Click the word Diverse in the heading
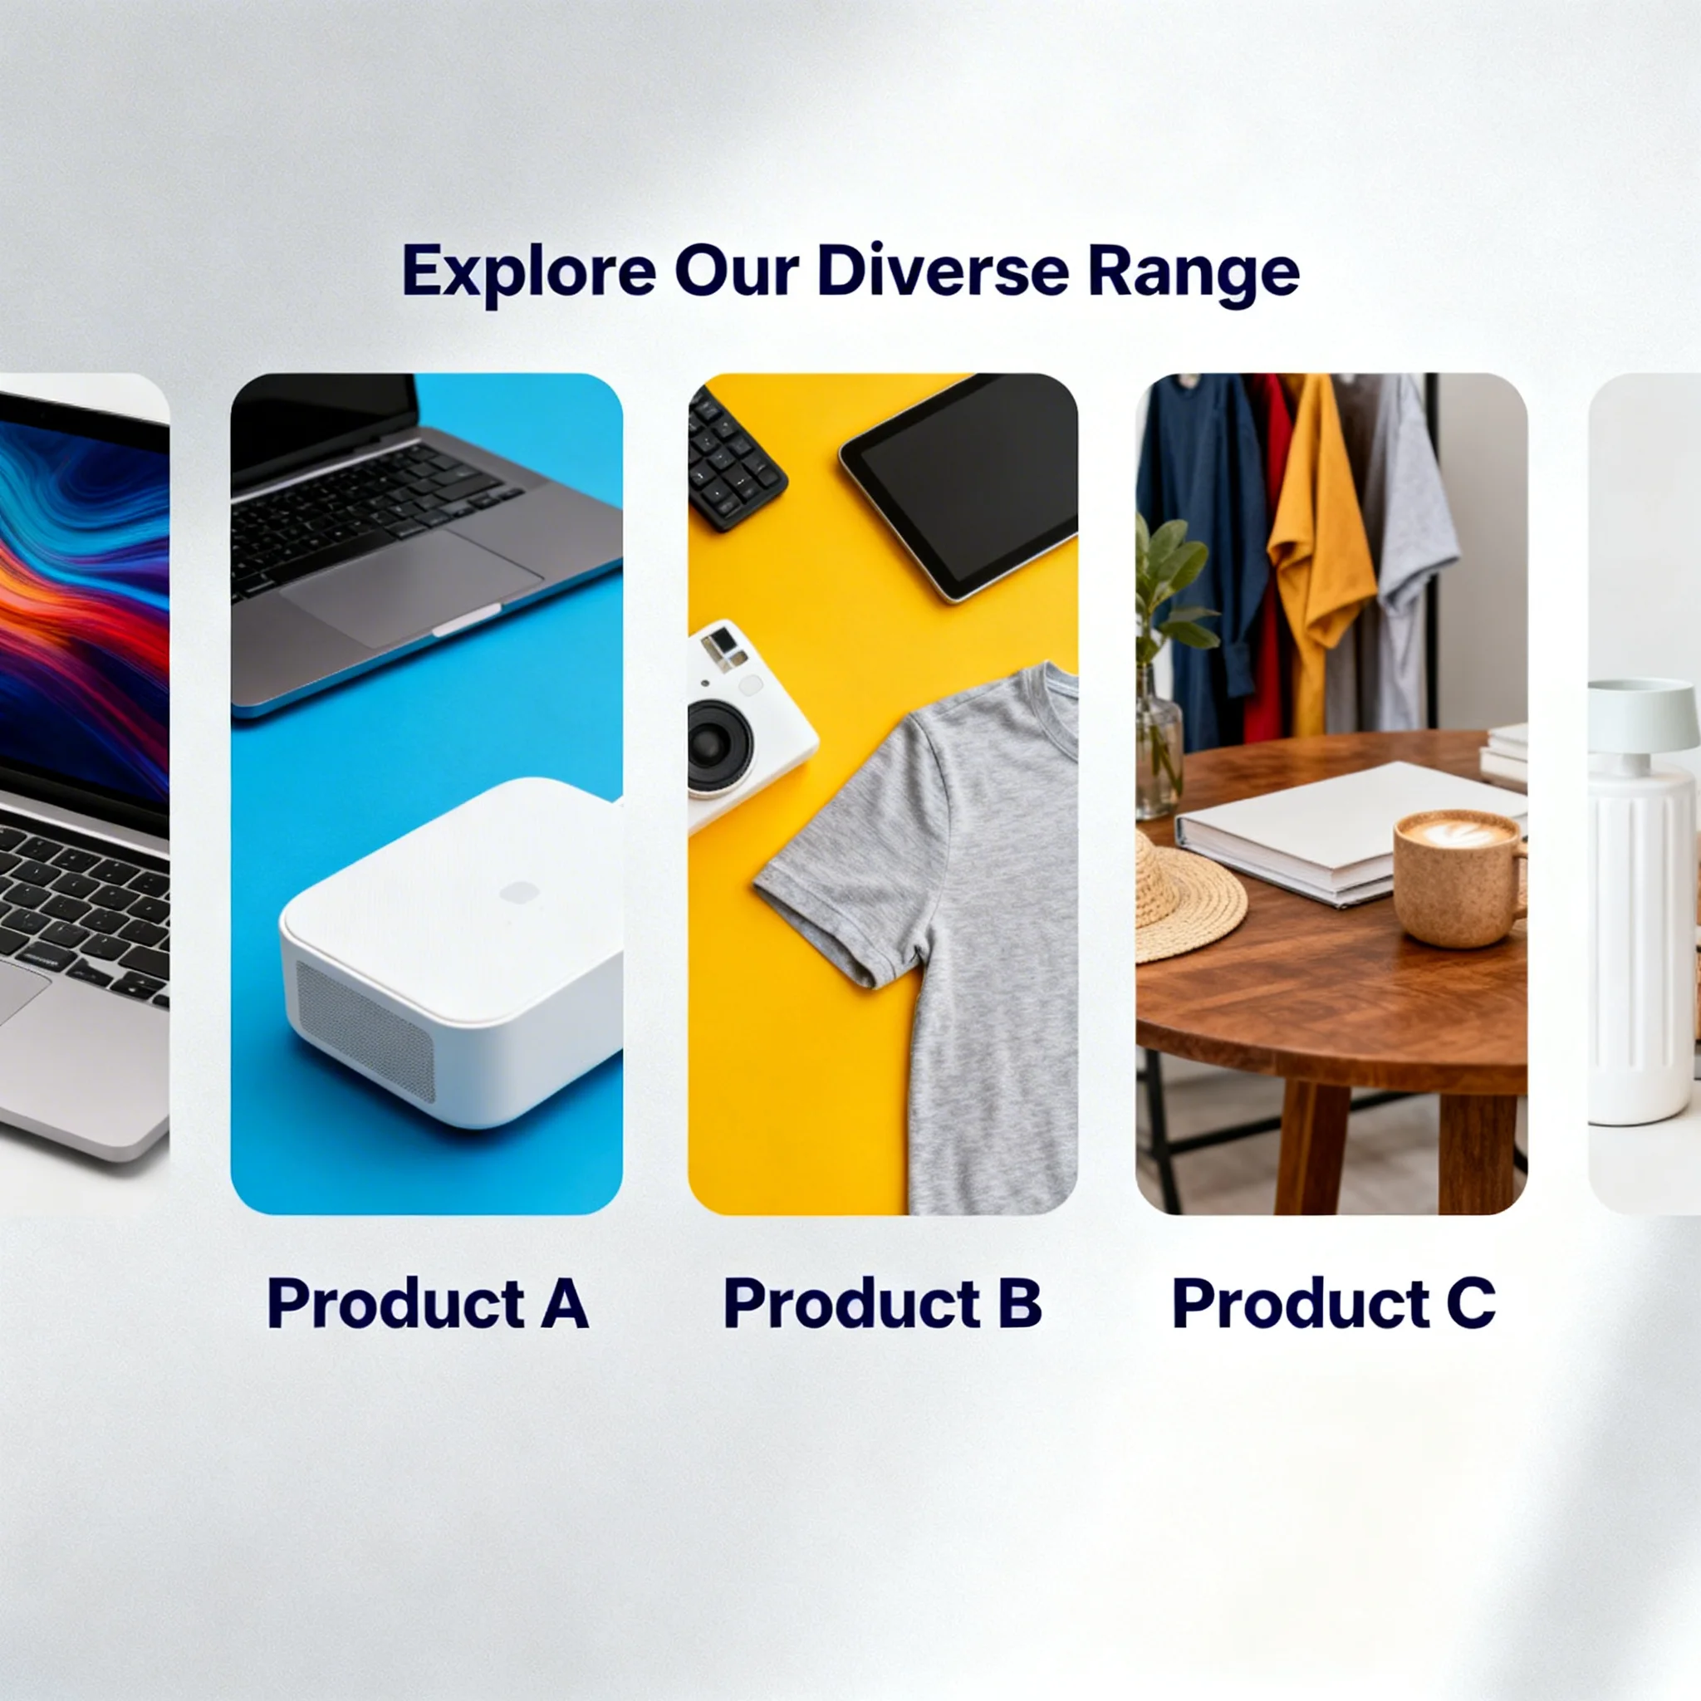click(x=943, y=270)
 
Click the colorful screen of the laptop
click(x=85, y=607)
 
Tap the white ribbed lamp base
click(x=1629, y=947)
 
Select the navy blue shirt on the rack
click(x=1202, y=555)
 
